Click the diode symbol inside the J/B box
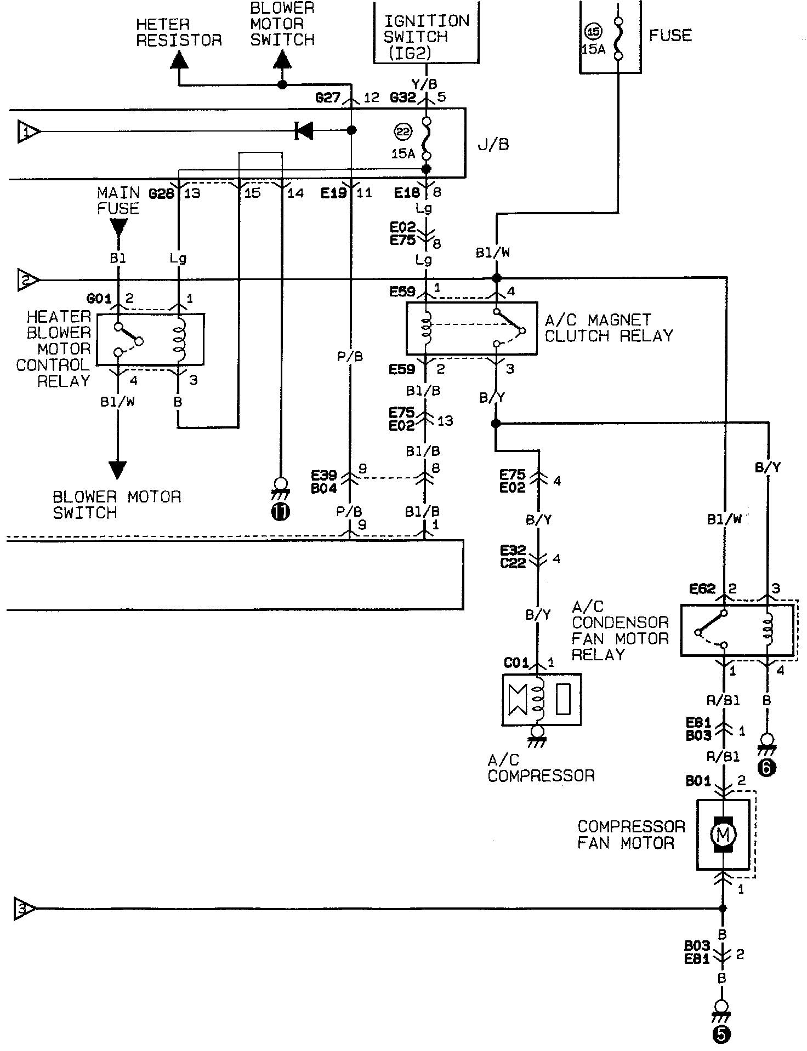click(x=304, y=130)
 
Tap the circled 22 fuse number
click(x=403, y=132)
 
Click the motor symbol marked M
click(x=723, y=835)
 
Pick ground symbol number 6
click(x=766, y=757)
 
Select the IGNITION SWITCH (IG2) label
click(x=426, y=37)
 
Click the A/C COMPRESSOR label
click(x=541, y=768)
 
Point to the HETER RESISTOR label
click(x=178, y=32)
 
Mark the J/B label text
click(x=493, y=144)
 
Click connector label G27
click(x=328, y=98)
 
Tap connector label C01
click(x=516, y=663)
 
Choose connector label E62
click(x=702, y=589)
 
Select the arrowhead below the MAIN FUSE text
click(x=118, y=227)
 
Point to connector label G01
click(x=99, y=299)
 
